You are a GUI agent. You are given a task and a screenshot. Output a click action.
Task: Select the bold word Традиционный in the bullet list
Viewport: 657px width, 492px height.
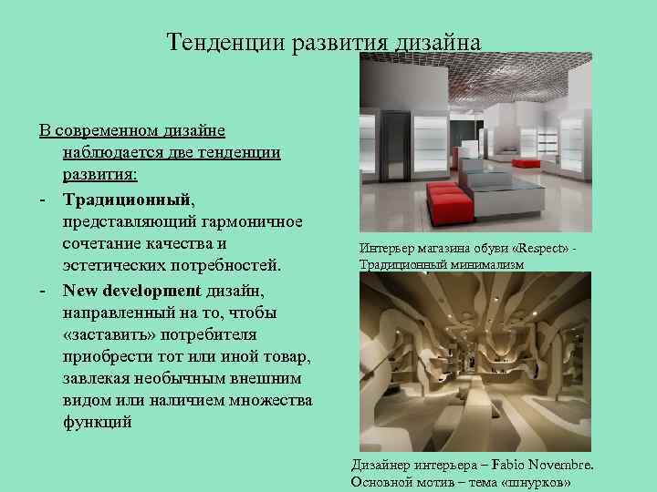[126, 198]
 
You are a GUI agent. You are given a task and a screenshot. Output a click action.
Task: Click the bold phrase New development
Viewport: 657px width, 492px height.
[130, 291]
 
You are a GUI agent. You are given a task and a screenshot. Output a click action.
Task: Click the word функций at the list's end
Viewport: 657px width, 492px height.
[97, 422]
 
